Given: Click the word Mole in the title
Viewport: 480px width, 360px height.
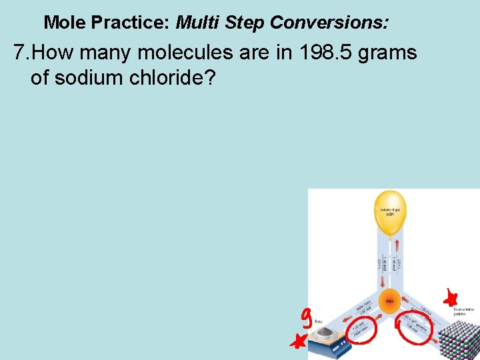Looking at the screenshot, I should [65, 23].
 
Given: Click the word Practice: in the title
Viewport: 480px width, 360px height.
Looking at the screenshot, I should [131, 23].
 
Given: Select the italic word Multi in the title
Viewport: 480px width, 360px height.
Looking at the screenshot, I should [198, 23].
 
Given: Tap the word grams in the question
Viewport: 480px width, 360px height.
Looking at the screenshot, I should [387, 53].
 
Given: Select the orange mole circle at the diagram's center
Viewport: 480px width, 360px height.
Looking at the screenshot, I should [390, 301].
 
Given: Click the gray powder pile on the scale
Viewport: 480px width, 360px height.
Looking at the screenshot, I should [325, 331].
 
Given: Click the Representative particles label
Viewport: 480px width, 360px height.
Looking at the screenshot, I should [464, 312].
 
